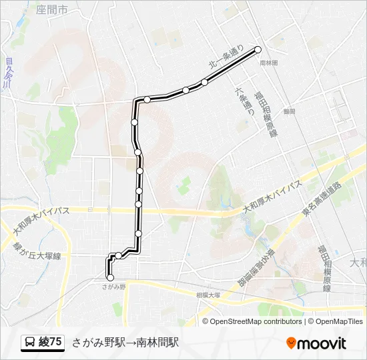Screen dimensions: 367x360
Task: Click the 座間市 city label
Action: point(52,10)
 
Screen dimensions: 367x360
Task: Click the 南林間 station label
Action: point(268,62)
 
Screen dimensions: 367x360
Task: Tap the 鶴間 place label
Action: point(288,112)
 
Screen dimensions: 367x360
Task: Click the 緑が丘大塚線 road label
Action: point(37,251)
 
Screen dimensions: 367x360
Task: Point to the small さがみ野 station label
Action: point(113,286)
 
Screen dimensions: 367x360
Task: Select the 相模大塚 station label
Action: point(208,294)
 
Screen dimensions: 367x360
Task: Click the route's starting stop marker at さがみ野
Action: point(110,278)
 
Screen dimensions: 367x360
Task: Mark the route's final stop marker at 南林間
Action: point(258,49)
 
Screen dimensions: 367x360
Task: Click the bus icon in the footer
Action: point(31,343)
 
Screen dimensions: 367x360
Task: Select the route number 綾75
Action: point(51,343)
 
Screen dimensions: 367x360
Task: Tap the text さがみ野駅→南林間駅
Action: point(125,343)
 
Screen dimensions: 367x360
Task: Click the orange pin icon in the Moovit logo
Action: point(291,343)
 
